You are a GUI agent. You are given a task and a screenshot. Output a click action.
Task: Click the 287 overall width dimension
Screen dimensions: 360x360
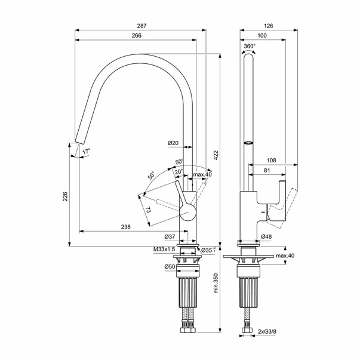tap(141, 26)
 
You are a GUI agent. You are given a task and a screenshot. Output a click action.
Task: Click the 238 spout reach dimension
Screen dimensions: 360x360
tap(126, 227)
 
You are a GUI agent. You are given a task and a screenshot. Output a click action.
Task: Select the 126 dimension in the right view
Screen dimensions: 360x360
tap(268, 26)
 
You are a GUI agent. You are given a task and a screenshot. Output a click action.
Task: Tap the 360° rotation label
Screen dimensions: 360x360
tap(250, 45)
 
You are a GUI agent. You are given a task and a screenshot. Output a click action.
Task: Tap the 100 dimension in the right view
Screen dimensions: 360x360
tap(262, 36)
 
